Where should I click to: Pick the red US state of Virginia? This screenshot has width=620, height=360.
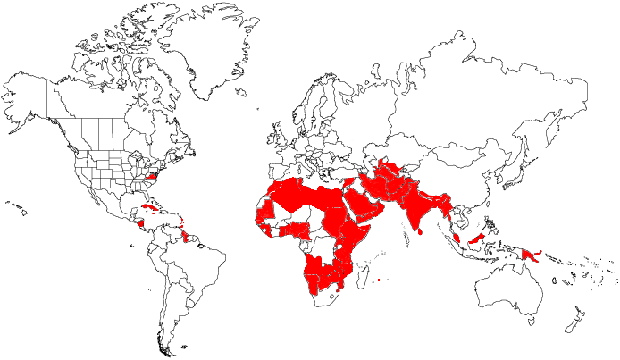152,178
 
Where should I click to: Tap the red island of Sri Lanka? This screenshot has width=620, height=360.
420,230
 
